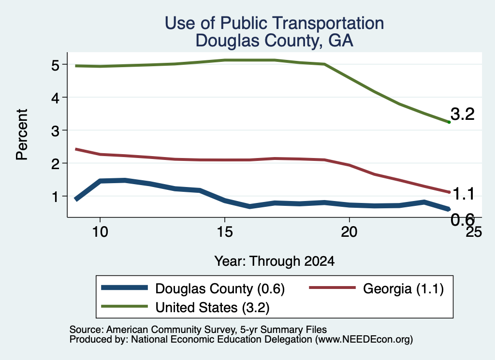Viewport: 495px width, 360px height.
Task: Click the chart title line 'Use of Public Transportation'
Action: tap(275, 23)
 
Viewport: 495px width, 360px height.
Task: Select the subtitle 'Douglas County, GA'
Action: tap(275, 41)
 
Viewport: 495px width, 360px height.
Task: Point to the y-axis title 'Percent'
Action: tap(22, 135)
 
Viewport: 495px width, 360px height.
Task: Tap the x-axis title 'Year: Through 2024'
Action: tap(275, 261)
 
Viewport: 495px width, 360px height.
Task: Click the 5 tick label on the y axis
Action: tap(55, 65)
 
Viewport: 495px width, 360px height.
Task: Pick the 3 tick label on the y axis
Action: tap(55, 131)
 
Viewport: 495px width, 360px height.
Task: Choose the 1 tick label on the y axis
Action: tap(56, 197)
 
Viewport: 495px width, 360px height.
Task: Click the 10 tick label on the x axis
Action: tap(100, 232)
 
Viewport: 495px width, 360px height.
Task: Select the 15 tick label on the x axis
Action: tap(225, 232)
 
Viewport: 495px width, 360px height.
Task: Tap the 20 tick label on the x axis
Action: tap(349, 232)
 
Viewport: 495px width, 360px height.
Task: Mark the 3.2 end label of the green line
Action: tap(463, 114)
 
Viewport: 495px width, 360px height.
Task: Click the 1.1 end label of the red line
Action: tap(463, 194)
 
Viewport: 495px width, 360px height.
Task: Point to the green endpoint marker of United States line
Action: tap(449, 122)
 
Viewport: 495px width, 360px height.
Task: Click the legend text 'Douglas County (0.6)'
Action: tap(220, 289)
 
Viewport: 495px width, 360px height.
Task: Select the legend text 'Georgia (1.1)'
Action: tap(404, 289)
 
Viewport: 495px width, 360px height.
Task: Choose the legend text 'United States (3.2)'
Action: tap(213, 308)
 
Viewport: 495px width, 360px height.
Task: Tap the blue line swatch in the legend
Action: tap(124, 288)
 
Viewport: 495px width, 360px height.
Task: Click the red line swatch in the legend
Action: tap(332, 288)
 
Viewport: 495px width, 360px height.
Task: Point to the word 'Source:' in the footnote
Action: tap(87, 330)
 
